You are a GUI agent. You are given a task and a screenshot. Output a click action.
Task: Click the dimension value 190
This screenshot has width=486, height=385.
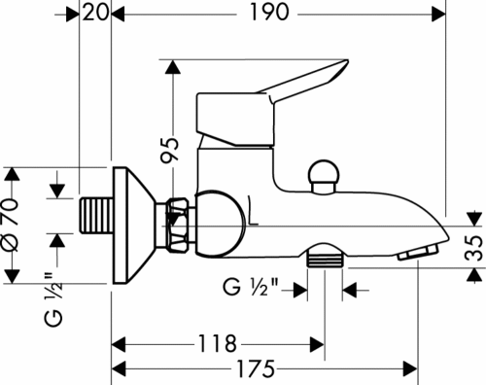[x=269, y=13]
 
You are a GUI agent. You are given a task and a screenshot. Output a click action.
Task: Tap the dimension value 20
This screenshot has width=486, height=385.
[x=95, y=13]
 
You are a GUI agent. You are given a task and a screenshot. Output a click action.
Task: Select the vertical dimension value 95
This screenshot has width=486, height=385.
[x=170, y=150]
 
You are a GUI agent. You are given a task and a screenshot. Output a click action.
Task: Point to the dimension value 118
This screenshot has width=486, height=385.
[x=217, y=343]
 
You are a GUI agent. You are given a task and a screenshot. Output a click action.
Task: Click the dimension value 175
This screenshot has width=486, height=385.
[x=256, y=368]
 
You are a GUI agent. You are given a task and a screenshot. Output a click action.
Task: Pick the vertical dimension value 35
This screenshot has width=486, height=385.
[x=474, y=248]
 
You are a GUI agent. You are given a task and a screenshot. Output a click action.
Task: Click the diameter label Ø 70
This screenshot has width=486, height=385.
[x=10, y=226]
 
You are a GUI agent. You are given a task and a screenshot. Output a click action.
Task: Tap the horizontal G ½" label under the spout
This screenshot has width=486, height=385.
[x=251, y=287]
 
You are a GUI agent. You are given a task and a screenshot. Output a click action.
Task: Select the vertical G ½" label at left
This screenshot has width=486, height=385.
[x=52, y=299]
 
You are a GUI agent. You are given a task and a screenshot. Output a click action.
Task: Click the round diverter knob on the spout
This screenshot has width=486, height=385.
[x=324, y=177]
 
